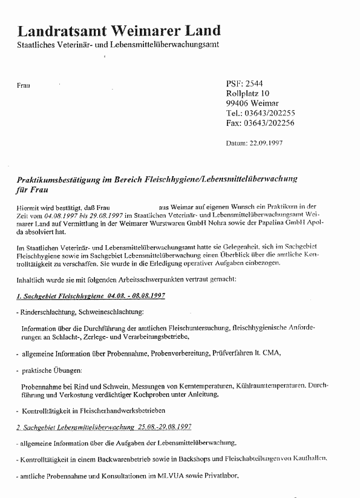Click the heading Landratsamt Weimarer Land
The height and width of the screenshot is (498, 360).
coord(119,30)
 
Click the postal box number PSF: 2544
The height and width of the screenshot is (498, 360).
coord(244,84)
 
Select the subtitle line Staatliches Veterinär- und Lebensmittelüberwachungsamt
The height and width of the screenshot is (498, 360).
coord(118,45)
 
